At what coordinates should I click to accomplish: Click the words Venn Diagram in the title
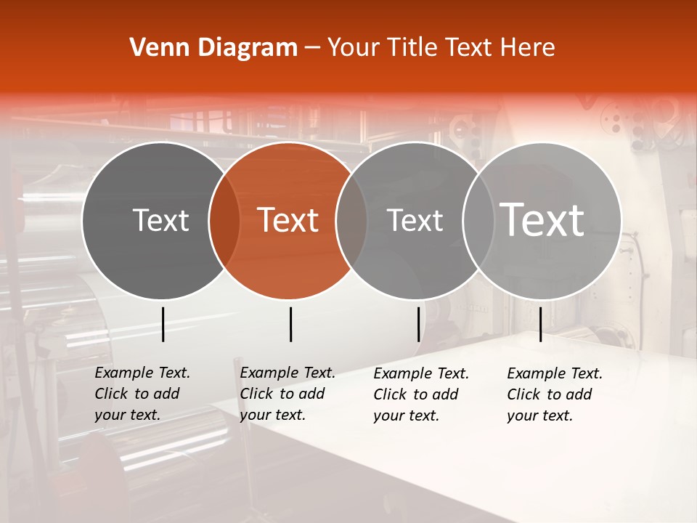pos(213,48)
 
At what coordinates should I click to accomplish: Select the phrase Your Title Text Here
pos(441,48)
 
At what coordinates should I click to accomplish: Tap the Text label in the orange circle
pos(288,220)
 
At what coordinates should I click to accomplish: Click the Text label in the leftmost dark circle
pos(160,220)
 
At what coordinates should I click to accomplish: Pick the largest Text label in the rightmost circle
pos(542,220)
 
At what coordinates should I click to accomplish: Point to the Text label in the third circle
pos(415,220)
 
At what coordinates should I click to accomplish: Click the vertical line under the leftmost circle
pos(163,324)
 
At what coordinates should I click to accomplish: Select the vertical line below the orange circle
pos(290,324)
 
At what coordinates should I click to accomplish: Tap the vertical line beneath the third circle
pos(418,324)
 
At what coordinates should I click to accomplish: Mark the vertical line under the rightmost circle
pos(540,324)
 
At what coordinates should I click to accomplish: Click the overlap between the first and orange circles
pos(224,220)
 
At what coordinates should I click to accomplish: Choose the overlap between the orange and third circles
pos(351,220)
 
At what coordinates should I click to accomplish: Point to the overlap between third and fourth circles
pos(476,220)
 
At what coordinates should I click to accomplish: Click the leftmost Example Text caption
pos(142,394)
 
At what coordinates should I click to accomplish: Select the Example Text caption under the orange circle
pos(288,394)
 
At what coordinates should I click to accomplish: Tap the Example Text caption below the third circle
pos(421,394)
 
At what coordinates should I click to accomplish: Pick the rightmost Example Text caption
pos(555,394)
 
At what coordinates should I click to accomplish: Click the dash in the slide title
pos(312,48)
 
